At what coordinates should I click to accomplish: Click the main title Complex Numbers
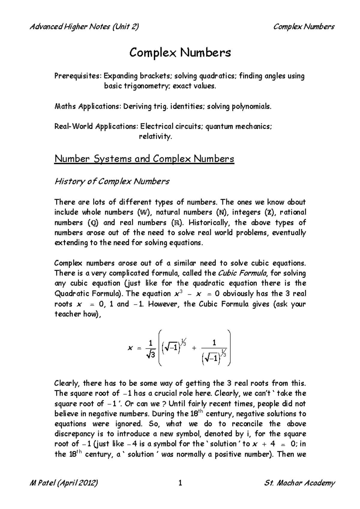point(180,53)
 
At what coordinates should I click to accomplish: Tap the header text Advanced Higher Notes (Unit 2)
point(84,27)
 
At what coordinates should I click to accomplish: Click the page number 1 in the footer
point(180,483)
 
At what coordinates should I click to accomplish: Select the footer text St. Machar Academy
point(299,483)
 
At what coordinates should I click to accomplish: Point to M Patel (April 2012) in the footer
point(64,483)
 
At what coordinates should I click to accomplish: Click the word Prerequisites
point(78,76)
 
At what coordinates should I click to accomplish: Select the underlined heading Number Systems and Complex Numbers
point(144,159)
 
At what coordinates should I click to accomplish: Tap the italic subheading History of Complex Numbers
point(112,181)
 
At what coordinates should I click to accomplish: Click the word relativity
point(155,137)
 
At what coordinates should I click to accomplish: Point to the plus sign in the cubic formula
point(194,348)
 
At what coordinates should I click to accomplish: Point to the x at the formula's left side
point(130,348)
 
